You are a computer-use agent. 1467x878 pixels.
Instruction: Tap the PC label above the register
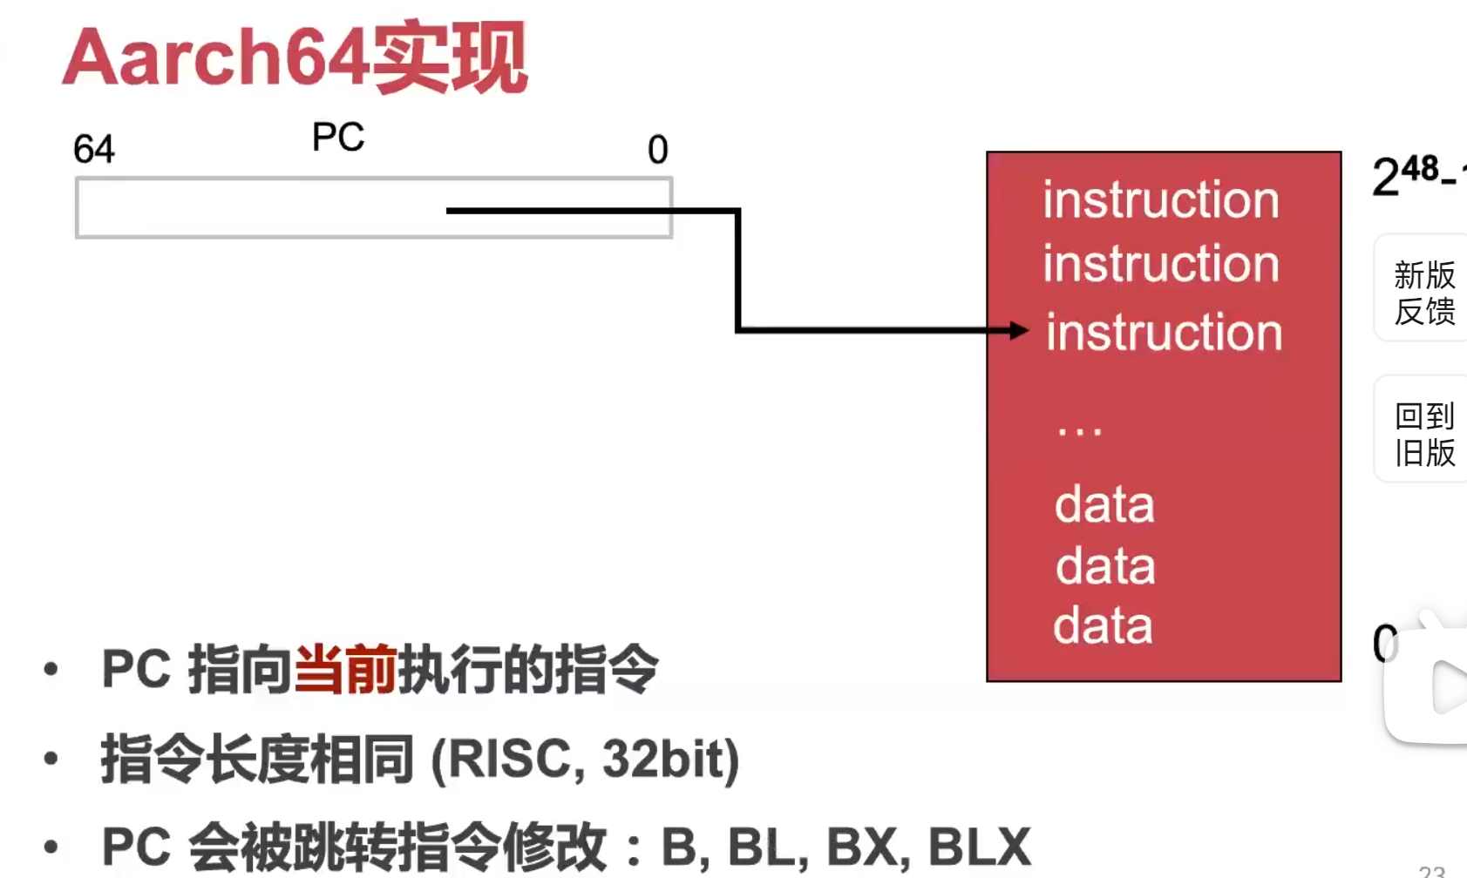[338, 138]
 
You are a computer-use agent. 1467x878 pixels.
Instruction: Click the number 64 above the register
[94, 149]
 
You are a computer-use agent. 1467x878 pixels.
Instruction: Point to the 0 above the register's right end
[657, 150]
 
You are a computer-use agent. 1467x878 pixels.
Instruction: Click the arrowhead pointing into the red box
[1018, 330]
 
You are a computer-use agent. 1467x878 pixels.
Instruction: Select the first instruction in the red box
[1161, 200]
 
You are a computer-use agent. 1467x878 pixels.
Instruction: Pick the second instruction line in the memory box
[1161, 264]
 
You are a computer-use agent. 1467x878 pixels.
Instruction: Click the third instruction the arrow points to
[1165, 333]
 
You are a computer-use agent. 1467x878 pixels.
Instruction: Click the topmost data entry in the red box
[1104, 505]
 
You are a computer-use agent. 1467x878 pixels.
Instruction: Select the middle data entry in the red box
[1105, 566]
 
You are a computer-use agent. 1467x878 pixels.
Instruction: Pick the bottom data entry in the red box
[1103, 626]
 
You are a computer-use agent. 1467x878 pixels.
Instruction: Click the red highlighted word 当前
[345, 669]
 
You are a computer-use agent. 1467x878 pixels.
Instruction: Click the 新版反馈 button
[1423, 293]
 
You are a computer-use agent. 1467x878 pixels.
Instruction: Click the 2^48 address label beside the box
[1412, 174]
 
